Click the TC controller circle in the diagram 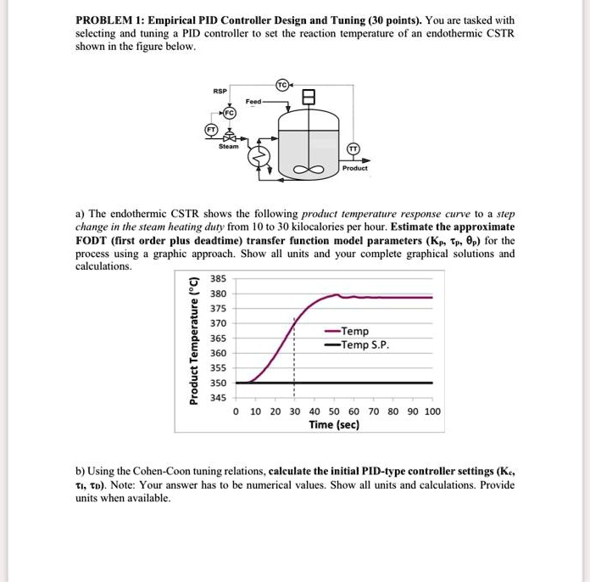coord(281,85)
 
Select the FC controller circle coord(230,112)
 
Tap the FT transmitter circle coord(209,129)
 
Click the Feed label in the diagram coord(253,101)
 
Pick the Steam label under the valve coord(229,147)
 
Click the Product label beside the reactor coord(354,168)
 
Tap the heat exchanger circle coord(259,157)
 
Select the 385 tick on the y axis coord(218,277)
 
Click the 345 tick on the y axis coord(218,397)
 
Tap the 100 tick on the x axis coord(431,411)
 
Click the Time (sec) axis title coord(334,425)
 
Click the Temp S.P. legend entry coord(365,345)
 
